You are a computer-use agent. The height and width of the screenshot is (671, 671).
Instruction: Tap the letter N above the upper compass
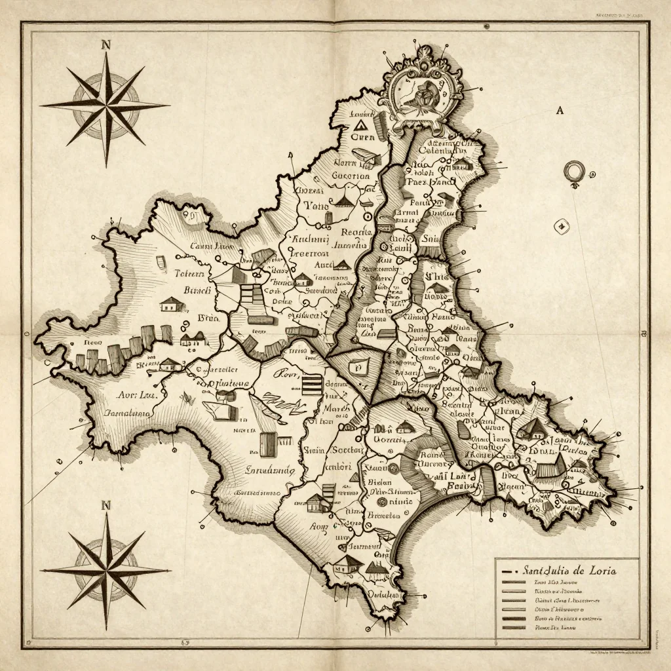click(x=106, y=45)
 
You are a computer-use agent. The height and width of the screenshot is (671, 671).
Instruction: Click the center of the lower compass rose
click(x=105, y=570)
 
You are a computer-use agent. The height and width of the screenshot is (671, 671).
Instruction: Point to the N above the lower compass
click(x=106, y=505)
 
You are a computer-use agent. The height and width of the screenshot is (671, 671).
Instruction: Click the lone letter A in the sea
click(x=560, y=111)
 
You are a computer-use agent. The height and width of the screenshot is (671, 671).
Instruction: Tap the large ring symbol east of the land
click(x=573, y=172)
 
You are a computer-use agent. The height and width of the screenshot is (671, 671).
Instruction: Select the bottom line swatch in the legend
click(x=512, y=627)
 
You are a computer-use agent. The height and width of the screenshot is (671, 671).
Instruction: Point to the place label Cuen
click(x=362, y=138)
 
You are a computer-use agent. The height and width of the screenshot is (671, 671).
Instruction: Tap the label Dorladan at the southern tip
click(x=383, y=595)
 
